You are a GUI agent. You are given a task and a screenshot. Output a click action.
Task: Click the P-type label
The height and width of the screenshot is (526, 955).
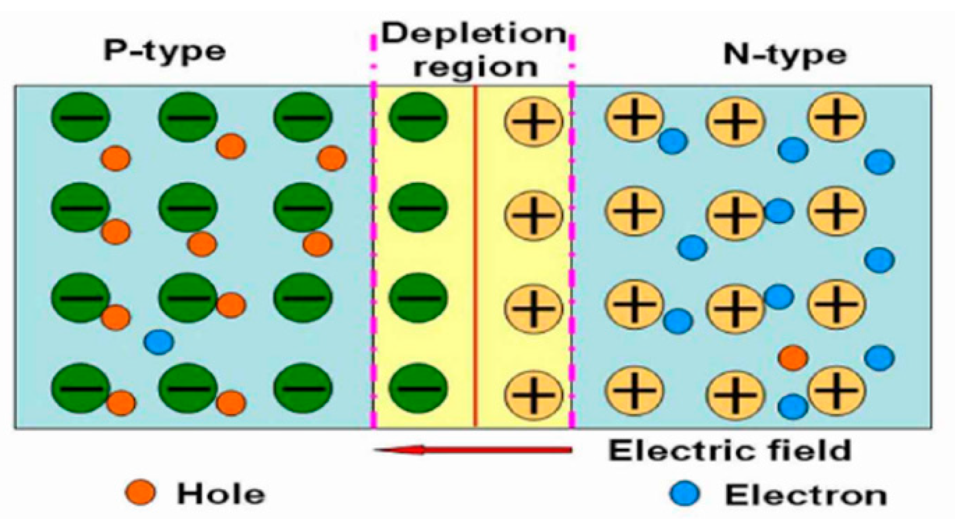click(164, 51)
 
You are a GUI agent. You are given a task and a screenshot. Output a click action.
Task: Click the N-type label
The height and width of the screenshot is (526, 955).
click(785, 55)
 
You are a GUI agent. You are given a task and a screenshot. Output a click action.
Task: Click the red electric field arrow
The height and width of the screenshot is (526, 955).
click(473, 450)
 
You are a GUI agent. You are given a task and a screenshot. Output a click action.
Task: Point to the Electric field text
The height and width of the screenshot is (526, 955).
click(730, 450)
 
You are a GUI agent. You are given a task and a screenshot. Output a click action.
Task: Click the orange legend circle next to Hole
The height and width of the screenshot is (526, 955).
click(140, 493)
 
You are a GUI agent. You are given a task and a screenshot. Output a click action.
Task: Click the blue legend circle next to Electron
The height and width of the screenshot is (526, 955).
click(684, 494)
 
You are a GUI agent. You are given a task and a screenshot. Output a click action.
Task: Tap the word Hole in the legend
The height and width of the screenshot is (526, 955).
click(221, 494)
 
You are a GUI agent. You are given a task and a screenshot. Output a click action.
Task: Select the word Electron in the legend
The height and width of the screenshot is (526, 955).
click(805, 495)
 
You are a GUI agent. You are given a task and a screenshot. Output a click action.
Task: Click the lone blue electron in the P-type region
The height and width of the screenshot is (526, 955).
click(159, 342)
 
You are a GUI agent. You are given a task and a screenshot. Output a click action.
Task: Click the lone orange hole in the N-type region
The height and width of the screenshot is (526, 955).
click(793, 357)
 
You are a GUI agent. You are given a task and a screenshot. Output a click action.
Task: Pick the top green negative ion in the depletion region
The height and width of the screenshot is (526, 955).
click(418, 117)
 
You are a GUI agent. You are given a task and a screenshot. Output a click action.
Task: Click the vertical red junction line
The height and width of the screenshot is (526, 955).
click(475, 255)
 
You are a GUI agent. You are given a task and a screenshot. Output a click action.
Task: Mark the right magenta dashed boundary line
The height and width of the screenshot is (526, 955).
click(571, 255)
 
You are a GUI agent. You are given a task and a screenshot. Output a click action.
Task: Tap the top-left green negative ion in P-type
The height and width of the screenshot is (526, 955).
click(81, 117)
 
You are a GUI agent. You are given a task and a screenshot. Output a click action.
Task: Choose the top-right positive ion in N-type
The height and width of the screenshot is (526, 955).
click(836, 117)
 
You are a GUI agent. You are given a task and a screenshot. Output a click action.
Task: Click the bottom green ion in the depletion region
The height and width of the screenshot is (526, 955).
click(418, 388)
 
